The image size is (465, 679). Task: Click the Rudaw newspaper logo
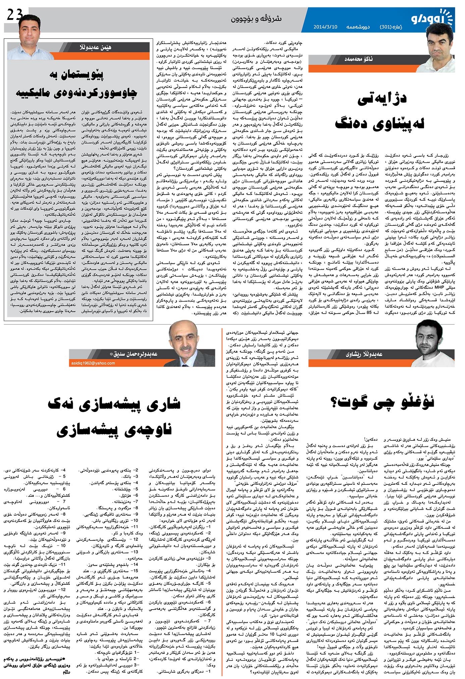pyautogui.click(x=433, y=19)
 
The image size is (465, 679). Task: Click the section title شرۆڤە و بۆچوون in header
pyautogui.click(x=256, y=19)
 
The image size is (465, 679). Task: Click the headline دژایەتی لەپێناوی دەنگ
pyautogui.click(x=380, y=111)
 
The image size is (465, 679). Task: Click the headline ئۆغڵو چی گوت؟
pyautogui.click(x=382, y=402)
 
